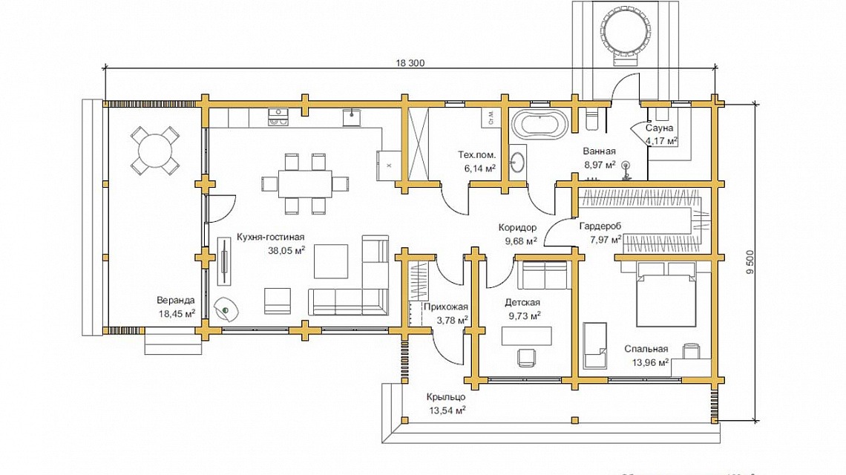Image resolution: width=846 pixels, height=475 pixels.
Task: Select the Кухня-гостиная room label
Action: pyautogui.click(x=271, y=237)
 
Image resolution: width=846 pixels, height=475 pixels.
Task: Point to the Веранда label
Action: pyautogui.click(x=176, y=301)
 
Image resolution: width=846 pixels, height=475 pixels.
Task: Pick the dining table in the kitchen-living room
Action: pyautogui.click(x=305, y=183)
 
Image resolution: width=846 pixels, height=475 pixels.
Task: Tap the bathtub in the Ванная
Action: pyautogui.click(x=540, y=125)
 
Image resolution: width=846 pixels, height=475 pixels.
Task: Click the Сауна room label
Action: pyautogui.click(x=659, y=128)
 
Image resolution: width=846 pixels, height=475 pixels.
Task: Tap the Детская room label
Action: pyautogui.click(x=522, y=302)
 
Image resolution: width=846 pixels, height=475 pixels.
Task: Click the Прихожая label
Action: pyautogui.click(x=445, y=307)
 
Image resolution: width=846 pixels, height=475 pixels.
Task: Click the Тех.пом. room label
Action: pyautogui.click(x=477, y=155)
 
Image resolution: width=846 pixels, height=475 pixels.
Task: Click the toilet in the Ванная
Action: pyautogui.click(x=594, y=120)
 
